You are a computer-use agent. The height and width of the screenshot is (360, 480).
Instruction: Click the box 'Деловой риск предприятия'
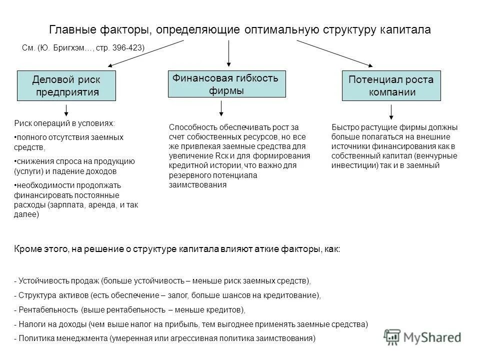pos(66,85)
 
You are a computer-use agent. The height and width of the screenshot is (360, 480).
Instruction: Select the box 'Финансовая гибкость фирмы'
pos(226,83)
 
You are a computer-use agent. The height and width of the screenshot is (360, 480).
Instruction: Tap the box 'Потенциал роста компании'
pos(391,86)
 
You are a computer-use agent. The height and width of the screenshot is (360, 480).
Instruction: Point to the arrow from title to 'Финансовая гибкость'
pos(228,53)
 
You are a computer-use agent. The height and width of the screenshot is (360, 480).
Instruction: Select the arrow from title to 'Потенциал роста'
pos(334,53)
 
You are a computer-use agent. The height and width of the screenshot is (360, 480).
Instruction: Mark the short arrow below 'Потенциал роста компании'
pos(391,112)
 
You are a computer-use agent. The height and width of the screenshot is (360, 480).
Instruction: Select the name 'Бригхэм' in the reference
pos(68,48)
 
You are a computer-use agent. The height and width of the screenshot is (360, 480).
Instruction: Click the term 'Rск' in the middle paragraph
pos(219,155)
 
